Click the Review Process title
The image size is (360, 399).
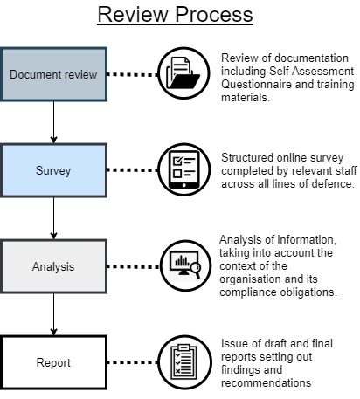tap(175, 14)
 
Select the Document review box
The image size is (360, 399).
tap(53, 74)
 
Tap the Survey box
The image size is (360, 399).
tap(53, 170)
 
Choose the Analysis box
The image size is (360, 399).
tap(53, 266)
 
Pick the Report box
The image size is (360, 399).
tap(53, 362)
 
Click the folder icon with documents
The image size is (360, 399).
tap(183, 73)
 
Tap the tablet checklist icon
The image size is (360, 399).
tap(184, 169)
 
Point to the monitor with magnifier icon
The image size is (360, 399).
tap(185, 265)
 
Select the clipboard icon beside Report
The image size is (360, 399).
tap(184, 362)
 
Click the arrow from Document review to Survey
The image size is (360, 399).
tap(53, 122)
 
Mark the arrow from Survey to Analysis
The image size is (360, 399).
tap(53, 218)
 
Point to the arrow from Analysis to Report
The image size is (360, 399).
tap(53, 314)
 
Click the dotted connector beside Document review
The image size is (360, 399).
tap(133, 74)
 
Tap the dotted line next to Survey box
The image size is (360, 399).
tap(133, 169)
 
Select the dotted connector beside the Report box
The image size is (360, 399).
tap(133, 362)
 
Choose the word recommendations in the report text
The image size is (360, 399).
tap(266, 382)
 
